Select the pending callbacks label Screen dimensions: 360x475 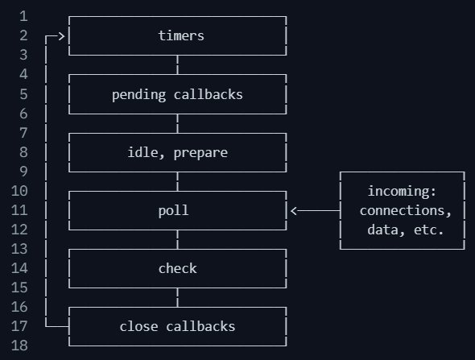[177, 94]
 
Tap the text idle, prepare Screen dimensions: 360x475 [177, 152]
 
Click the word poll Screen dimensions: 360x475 [173, 210]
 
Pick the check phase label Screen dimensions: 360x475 [177, 268]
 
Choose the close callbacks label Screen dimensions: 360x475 [177, 326]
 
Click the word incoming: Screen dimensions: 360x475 [402, 191]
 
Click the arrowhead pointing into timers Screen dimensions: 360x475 [60, 35]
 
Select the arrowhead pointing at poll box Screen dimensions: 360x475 [295, 210]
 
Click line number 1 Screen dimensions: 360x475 [23, 16]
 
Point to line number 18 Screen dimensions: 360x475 [19, 346]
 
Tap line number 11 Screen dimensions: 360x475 [19, 210]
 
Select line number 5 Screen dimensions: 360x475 [23, 94]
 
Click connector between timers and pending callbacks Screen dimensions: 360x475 [177, 65]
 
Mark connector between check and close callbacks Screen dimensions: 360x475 [177, 297]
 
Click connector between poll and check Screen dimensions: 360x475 [177, 239]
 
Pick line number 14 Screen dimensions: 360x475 [19, 268]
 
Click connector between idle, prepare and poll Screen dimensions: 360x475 [177, 181]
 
